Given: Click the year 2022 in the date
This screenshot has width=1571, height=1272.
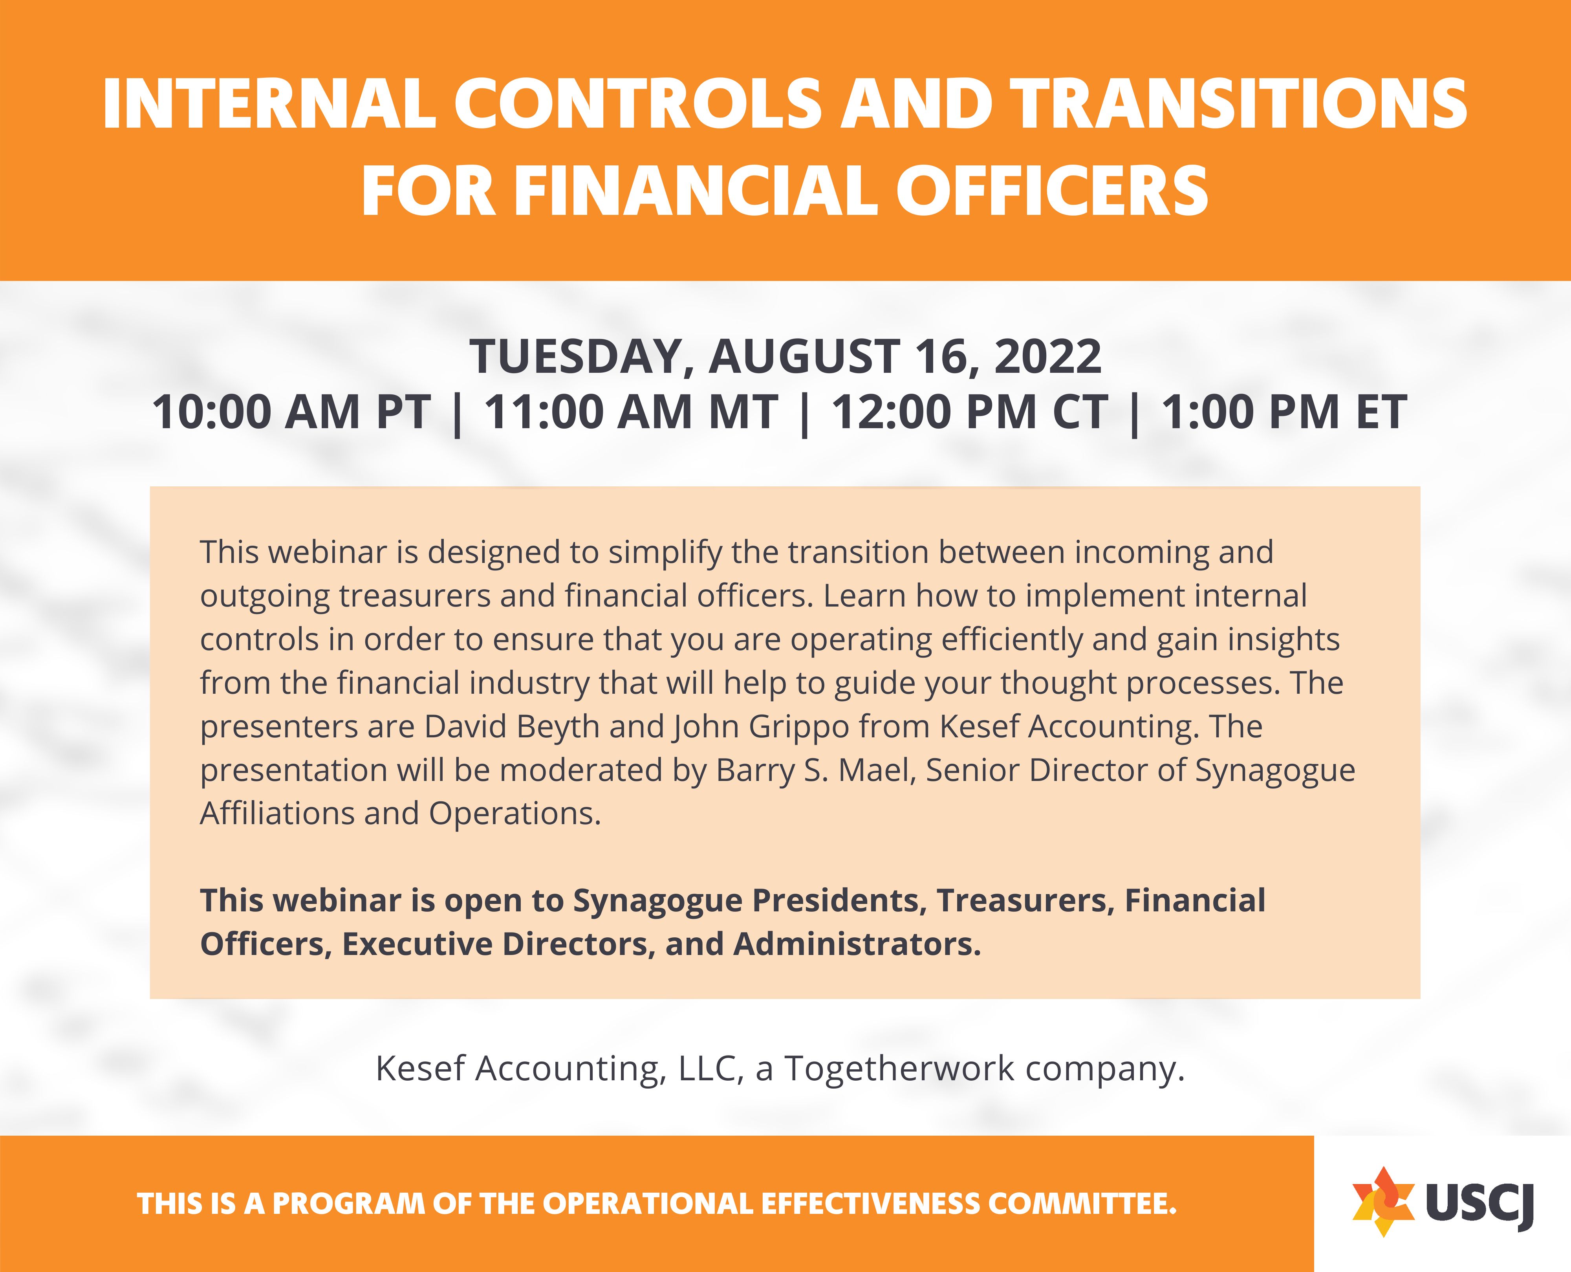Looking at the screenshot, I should click(x=1047, y=357).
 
